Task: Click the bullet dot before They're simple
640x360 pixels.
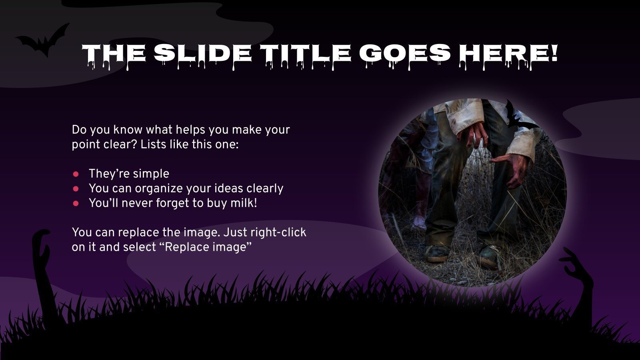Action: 76,174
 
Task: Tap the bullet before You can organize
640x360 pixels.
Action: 76,188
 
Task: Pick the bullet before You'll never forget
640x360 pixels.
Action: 76,203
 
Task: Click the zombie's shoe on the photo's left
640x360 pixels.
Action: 437,254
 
